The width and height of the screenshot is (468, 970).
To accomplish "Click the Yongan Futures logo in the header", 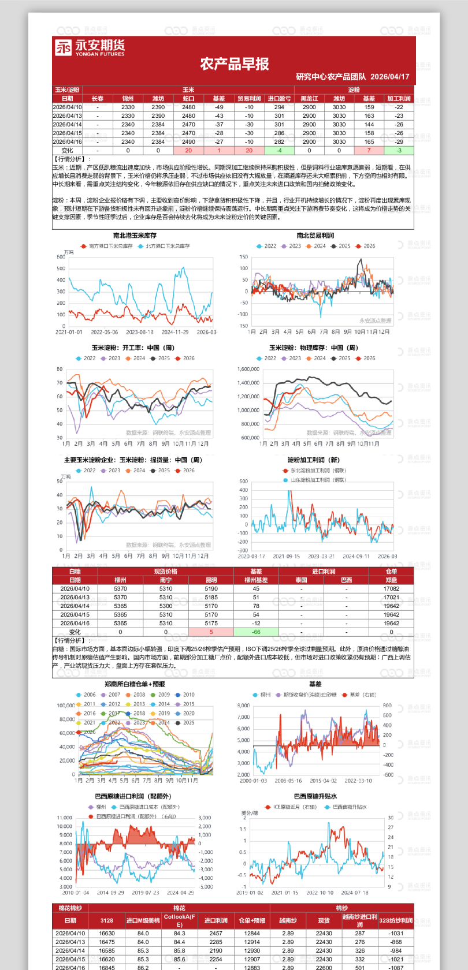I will click(x=90, y=47).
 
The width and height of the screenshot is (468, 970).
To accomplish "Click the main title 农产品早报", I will click(x=235, y=64).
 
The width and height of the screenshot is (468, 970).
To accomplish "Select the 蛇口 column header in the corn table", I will click(x=188, y=99).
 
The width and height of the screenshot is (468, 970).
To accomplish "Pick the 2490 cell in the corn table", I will click(x=188, y=141).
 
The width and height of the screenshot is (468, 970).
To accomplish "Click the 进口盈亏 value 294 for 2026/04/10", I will click(x=279, y=107).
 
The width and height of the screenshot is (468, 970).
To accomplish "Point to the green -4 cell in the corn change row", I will click(x=279, y=150).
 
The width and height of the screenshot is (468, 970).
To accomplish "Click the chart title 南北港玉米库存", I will click(x=135, y=236).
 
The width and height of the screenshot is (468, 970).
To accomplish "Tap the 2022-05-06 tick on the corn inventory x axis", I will click(x=104, y=332).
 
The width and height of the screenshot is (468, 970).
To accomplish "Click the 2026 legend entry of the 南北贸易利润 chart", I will click(x=366, y=246).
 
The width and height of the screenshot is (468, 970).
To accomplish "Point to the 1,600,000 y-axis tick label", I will click(x=248, y=369).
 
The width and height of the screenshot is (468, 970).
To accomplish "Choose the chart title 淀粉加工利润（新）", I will click(x=314, y=460).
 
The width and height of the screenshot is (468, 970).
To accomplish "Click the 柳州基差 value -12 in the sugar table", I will click(x=256, y=623).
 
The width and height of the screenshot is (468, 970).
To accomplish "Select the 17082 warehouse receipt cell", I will click(x=391, y=589).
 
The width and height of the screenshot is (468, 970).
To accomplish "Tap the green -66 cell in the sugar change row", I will click(x=256, y=632).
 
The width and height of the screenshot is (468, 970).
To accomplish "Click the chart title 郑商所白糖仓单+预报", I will click(x=135, y=684).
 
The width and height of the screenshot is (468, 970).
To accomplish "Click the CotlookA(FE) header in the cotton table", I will click(x=180, y=920).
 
